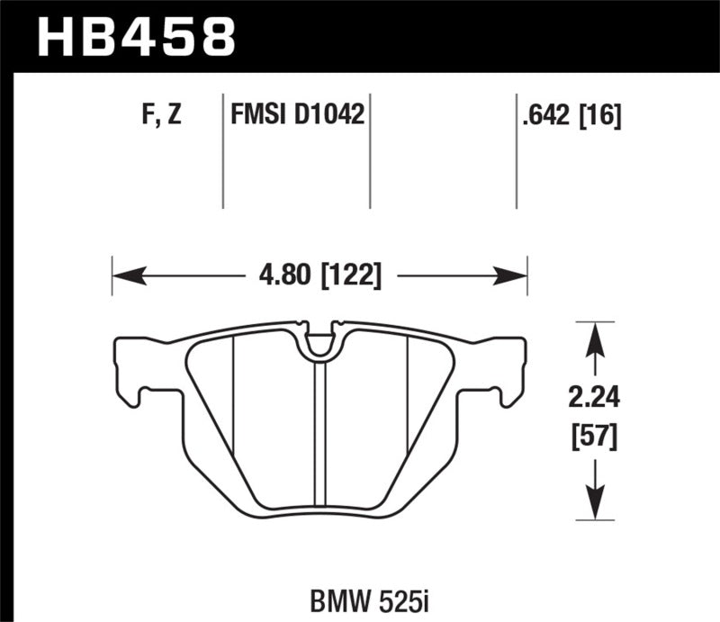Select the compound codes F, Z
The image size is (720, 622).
[x=163, y=115]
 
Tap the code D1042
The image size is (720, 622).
[x=332, y=115]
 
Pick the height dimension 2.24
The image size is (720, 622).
[x=592, y=397]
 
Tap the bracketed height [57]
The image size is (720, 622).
[x=592, y=438]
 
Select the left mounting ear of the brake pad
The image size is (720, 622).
[x=130, y=369]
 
